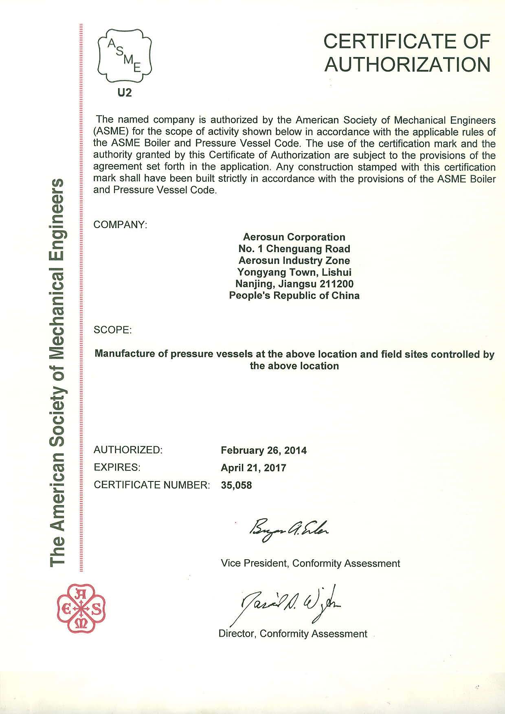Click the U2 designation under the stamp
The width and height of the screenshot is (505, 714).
point(125,93)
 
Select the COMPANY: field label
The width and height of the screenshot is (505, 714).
point(120,225)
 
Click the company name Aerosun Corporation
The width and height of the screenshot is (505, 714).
point(294,237)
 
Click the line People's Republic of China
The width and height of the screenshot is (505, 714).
point(294,296)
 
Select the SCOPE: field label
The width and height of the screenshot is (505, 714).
point(113,330)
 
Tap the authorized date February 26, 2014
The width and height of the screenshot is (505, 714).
point(263,450)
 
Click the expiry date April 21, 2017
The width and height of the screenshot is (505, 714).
point(253,468)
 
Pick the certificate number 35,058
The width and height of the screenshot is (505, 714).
point(236,486)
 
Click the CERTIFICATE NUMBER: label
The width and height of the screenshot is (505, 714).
point(151,486)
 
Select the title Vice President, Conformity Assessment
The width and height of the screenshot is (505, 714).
point(310,564)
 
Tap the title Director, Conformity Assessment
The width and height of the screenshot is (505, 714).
point(293,634)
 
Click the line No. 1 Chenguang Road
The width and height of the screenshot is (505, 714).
point(294,249)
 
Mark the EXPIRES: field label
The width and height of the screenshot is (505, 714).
point(117,468)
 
